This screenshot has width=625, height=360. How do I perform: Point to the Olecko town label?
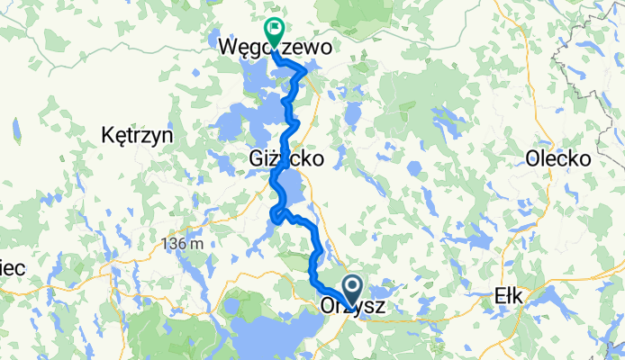pyautogui.click(x=558, y=158)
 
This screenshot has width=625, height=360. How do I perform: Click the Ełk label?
pyautogui.click(x=514, y=297)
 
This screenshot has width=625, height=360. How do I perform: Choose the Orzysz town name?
pyautogui.click(x=353, y=307)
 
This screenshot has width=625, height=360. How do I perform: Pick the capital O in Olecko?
pyautogui.click(x=534, y=158)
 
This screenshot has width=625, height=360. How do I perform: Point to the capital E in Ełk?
pyautogui.click(x=502, y=297)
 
